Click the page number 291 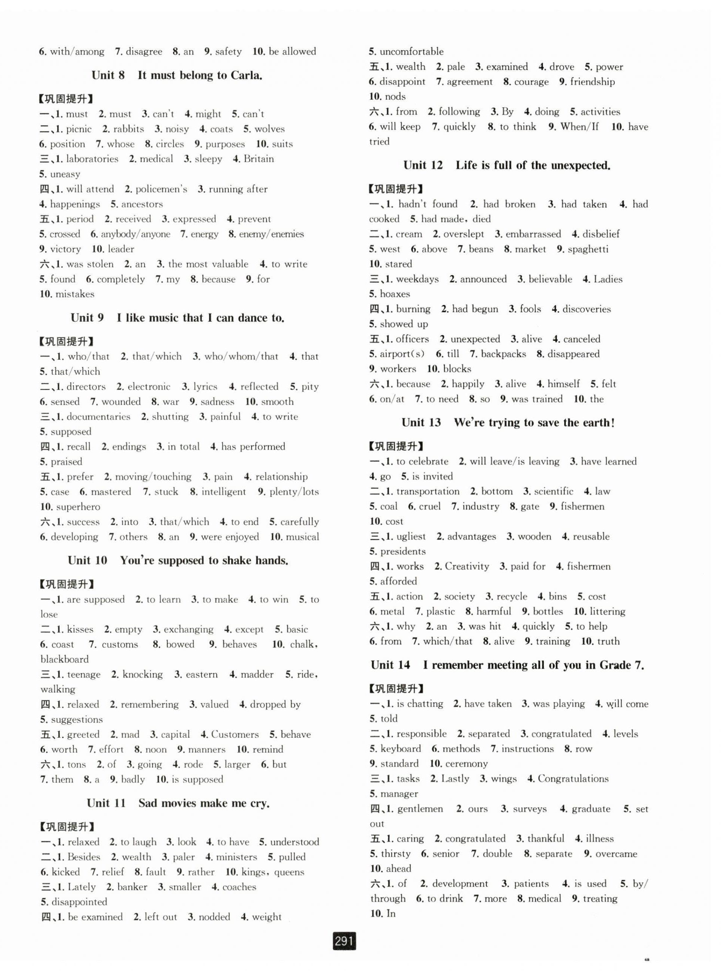(344, 941)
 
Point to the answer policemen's (161, 189)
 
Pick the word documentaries (98, 416)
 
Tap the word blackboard (65, 659)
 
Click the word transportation (428, 491)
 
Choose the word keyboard (400, 749)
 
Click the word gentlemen (420, 809)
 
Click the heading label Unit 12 (423, 165)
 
